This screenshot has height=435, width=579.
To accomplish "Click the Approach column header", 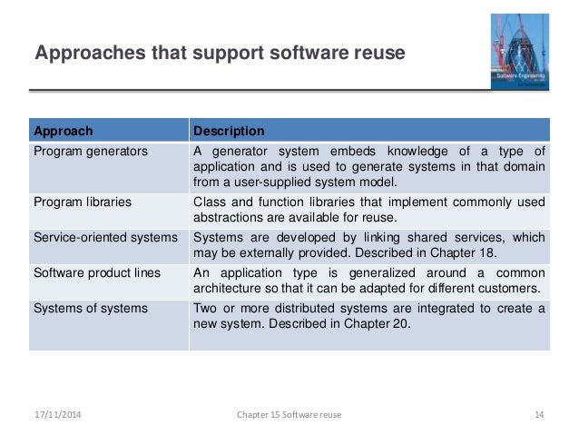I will [x=63, y=131].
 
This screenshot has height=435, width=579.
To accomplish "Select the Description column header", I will [x=229, y=131].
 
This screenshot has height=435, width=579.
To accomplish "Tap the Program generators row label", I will [x=90, y=151].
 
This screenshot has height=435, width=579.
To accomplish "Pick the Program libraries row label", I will [x=83, y=202].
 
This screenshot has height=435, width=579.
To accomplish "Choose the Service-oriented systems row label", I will [x=105, y=237].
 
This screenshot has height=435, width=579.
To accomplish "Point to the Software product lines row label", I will [x=96, y=272].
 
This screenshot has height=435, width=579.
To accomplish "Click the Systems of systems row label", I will [x=90, y=308].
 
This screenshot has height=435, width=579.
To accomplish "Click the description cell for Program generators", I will [x=368, y=166].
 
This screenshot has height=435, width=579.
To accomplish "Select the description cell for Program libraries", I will [x=368, y=210].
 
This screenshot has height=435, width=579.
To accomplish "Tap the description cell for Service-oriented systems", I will [x=368, y=245].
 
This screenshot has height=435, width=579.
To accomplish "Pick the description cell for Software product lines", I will [x=368, y=281].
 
